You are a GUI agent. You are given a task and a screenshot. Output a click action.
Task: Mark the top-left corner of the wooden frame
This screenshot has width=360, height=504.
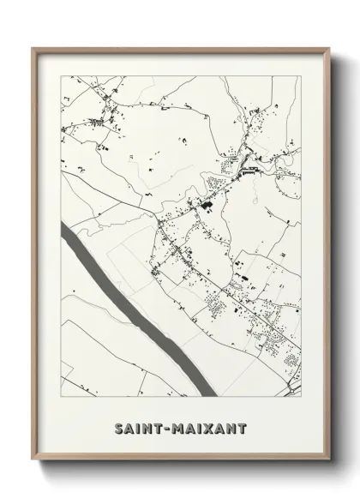33,48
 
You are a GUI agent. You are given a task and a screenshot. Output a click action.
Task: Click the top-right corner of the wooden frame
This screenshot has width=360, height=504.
328,48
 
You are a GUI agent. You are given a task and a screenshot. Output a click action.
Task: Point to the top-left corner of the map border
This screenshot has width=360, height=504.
59,75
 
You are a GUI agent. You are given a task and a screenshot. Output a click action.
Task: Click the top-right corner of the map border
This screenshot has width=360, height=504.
302,75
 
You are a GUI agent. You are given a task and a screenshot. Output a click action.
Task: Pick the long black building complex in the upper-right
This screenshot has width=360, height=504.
249,170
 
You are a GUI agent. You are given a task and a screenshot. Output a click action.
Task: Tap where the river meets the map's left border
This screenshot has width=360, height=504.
60,229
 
